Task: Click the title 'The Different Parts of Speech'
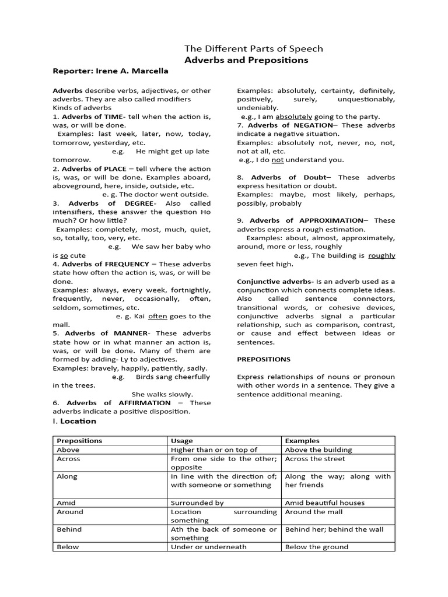[253, 49]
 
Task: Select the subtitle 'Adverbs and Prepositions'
[246, 60]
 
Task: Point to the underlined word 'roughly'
[381, 255]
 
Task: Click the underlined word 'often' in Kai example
[157, 316]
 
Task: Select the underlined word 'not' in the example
[278, 160]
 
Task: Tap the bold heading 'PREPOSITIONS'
[264, 360]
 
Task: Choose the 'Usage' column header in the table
[181, 441]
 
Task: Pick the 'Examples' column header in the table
[302, 441]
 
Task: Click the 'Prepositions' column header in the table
[79, 441]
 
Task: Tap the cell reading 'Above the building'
[318, 449]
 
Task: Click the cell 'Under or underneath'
[208, 547]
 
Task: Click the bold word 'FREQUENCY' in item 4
[125, 264]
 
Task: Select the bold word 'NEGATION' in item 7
[313, 125]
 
